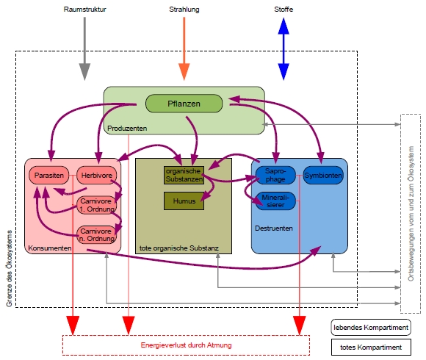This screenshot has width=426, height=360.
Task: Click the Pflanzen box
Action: click(x=184, y=104)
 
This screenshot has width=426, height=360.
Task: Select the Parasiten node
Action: click(x=49, y=176)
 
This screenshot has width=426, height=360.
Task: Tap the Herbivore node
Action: click(x=97, y=176)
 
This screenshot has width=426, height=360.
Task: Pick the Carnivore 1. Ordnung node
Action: click(x=97, y=205)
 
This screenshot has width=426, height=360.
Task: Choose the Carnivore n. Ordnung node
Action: click(x=97, y=235)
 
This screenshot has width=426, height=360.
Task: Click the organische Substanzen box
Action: click(x=184, y=176)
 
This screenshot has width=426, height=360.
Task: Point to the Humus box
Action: click(x=184, y=201)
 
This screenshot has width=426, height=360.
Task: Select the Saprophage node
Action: click(x=275, y=176)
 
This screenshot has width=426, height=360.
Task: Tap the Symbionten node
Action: click(x=323, y=176)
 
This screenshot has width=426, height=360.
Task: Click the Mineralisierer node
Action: click(x=275, y=201)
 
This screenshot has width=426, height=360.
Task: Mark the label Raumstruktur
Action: click(x=84, y=10)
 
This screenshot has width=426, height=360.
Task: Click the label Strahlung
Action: click(x=184, y=10)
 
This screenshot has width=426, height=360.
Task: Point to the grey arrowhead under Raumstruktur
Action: click(x=84, y=72)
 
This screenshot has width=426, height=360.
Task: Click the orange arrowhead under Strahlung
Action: click(x=184, y=72)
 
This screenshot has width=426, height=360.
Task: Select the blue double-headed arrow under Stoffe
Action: click(x=284, y=49)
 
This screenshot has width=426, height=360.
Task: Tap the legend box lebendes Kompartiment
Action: click(x=371, y=328)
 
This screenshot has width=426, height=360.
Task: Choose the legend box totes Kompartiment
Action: click(x=371, y=347)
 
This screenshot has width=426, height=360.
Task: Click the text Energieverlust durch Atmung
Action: click(x=186, y=345)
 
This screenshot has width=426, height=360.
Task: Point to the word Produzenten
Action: click(x=127, y=129)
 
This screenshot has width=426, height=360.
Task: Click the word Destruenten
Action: click(x=274, y=228)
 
